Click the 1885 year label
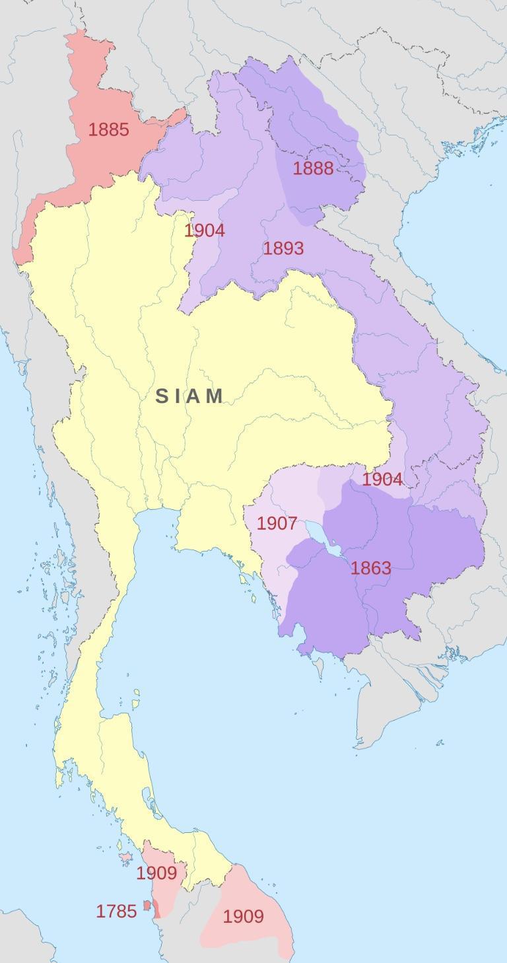pos(109,129)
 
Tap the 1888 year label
pos(313,168)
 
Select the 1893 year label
pos(283,248)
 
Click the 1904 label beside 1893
pos(205,231)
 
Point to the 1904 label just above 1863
pos(382,480)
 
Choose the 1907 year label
pos(277,524)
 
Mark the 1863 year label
pos(371,568)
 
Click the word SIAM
pos(190,396)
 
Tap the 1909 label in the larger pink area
pos(243,916)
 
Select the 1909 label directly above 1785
pos(156,873)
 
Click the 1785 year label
pos(116,911)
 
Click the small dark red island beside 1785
pos(147,906)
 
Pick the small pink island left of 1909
pos(125,857)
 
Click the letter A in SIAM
pos(196,396)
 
